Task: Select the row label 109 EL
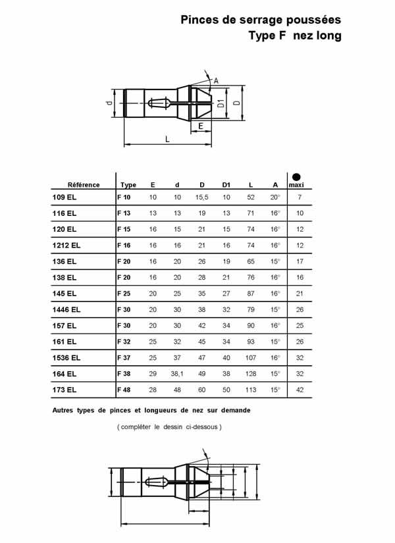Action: click(x=65, y=197)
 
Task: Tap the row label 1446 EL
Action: click(x=66, y=309)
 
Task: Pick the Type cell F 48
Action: click(x=124, y=390)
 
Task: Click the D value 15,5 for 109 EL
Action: click(x=201, y=197)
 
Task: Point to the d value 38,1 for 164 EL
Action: click(x=177, y=374)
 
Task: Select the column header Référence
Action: click(x=84, y=185)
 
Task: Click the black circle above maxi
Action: click(x=297, y=176)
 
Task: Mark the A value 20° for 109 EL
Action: click(x=275, y=197)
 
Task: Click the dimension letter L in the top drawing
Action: click(x=167, y=139)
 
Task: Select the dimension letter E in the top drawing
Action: click(x=201, y=124)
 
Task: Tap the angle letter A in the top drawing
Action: click(x=215, y=81)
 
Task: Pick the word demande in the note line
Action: click(x=234, y=409)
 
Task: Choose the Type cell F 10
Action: click(x=124, y=197)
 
